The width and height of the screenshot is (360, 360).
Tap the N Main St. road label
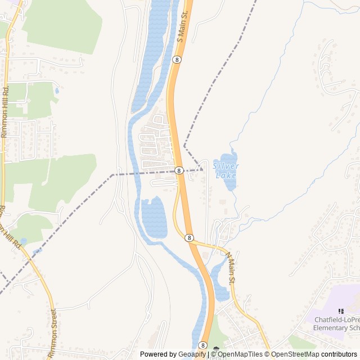[232, 268]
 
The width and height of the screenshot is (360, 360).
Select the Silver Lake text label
[226, 170]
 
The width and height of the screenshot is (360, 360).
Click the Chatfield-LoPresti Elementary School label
[336, 323]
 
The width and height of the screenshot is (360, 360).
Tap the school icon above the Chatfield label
[340, 311]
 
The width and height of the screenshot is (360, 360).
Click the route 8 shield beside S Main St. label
[177, 59]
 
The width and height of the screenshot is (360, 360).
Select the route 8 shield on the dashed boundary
[178, 170]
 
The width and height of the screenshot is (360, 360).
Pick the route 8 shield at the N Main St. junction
[190, 238]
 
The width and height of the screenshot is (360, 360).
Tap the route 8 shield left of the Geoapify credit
[202, 345]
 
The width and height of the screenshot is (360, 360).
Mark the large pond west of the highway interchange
[154, 218]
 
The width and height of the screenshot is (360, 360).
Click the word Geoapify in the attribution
[193, 354]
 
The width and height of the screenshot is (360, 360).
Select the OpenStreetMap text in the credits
[292, 354]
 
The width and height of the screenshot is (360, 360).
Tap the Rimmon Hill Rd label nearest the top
[4, 112]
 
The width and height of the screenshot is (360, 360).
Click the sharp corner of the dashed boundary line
[184, 146]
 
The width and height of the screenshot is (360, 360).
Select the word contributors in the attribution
[339, 354]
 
